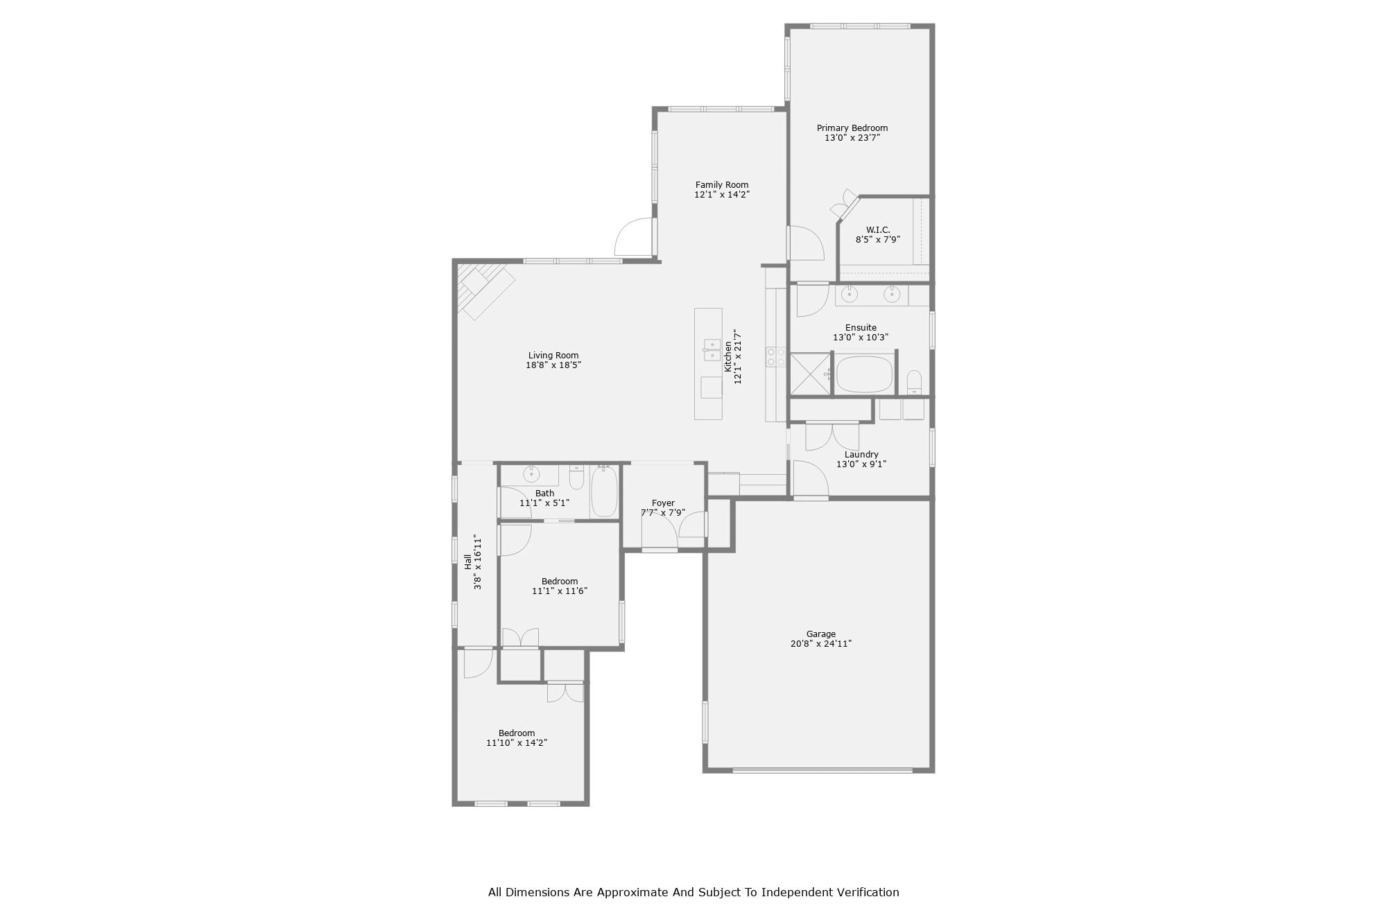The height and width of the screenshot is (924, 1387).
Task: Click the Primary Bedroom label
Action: point(852,128)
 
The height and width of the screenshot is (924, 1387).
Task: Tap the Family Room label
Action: point(722,185)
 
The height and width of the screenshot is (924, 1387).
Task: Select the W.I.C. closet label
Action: point(877,230)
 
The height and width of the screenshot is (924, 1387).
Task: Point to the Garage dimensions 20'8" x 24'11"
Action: point(820,644)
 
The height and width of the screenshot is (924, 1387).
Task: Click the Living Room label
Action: point(553,356)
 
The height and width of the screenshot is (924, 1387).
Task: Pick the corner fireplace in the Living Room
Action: point(483,289)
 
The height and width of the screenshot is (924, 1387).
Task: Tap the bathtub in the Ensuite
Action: point(864,374)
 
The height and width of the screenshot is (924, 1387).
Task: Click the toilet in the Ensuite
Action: point(914,382)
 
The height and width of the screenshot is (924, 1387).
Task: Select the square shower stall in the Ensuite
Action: point(810,374)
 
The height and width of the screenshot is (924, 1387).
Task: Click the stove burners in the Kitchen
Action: point(775,357)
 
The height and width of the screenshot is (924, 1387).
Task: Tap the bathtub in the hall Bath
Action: point(603,491)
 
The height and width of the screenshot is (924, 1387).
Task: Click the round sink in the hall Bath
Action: point(531,475)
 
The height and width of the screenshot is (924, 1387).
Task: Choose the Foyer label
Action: point(663,503)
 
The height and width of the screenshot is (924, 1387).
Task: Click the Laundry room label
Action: point(861,455)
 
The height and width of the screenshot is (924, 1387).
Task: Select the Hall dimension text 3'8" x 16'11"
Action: point(477,561)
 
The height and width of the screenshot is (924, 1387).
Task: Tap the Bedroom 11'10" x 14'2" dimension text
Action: point(517,743)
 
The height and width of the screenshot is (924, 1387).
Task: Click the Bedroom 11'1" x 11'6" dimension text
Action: point(560,591)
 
